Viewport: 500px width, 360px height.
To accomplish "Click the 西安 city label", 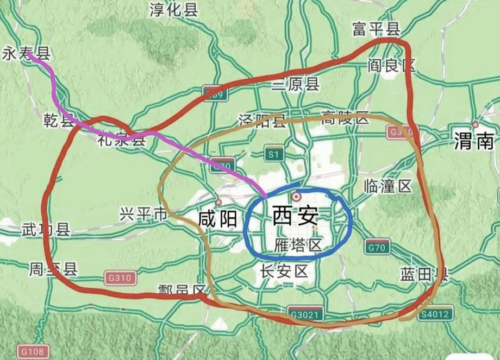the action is click(x=295, y=217).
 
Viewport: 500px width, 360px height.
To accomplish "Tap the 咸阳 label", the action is click(x=217, y=219).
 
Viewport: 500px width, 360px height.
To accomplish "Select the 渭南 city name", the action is click(x=474, y=142).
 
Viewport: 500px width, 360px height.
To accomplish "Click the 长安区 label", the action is click(x=284, y=270).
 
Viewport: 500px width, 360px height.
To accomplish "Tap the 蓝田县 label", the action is click(x=423, y=274).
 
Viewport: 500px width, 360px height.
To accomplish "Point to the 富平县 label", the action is click(x=376, y=29).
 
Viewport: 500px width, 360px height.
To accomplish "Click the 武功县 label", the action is click(x=46, y=230).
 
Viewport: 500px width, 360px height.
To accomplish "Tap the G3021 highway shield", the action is click(x=306, y=314).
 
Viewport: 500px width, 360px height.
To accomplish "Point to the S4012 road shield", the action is click(x=433, y=314).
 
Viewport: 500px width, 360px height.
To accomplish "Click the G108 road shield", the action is click(x=33, y=350).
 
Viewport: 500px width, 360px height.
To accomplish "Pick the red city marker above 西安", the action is click(x=296, y=195).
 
